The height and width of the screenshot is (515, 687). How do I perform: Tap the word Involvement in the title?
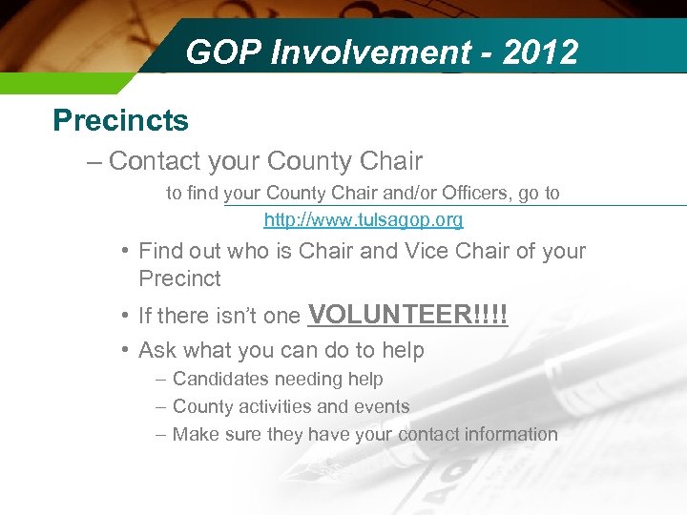click(365, 52)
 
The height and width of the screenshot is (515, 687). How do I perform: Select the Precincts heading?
click(121, 121)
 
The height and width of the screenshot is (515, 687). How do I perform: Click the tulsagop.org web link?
click(364, 220)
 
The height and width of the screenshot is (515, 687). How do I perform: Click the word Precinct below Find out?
click(179, 279)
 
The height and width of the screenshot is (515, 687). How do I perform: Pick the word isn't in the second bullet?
click(269, 317)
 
